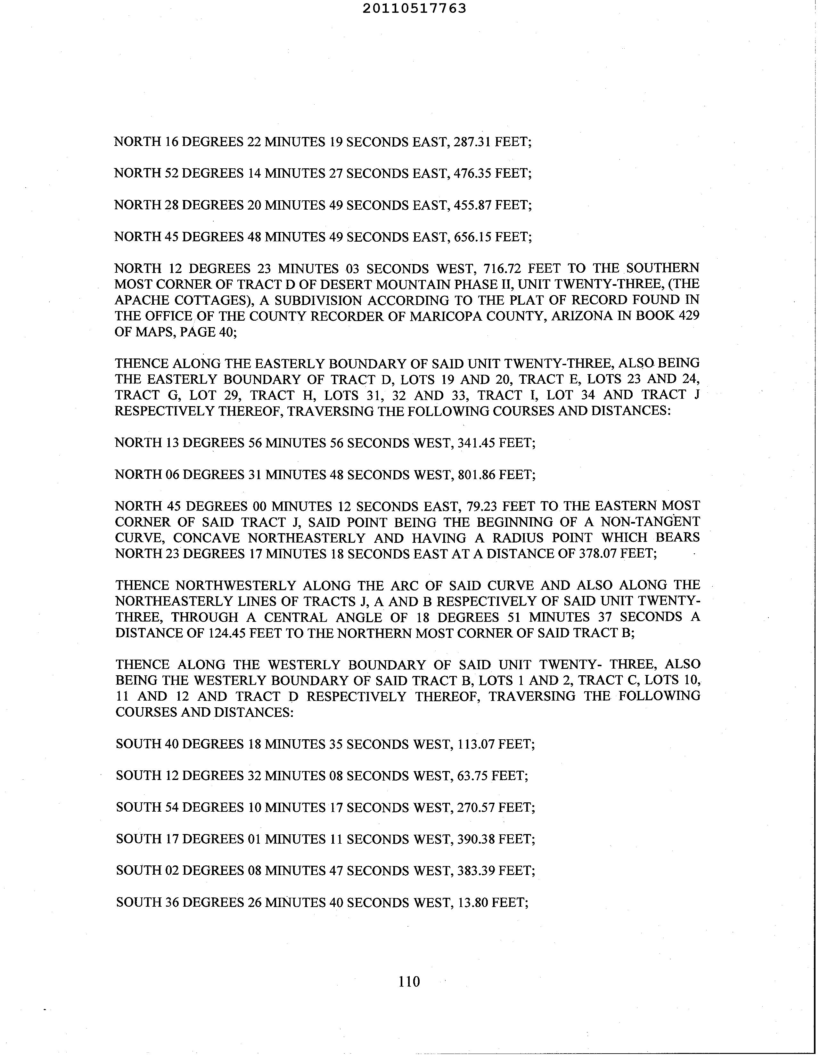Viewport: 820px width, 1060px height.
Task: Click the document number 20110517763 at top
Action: pyautogui.click(x=414, y=8)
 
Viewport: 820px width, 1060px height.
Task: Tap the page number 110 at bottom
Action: pyautogui.click(x=409, y=982)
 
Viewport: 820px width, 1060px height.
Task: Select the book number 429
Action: pyautogui.click(x=688, y=316)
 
